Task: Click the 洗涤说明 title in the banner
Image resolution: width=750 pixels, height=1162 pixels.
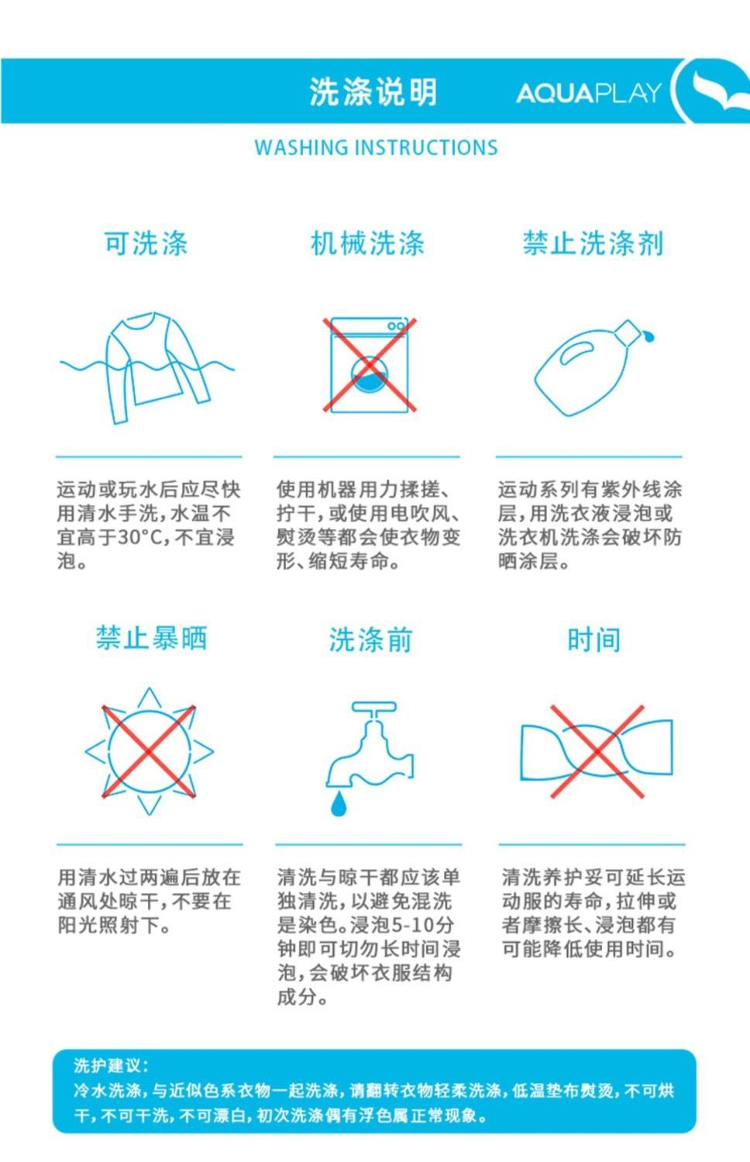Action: [x=373, y=92]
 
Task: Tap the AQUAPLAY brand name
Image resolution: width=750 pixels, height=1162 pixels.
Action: [x=590, y=93]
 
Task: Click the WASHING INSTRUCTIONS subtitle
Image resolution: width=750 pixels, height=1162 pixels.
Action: [x=376, y=148]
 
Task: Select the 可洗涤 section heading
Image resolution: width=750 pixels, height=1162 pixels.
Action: [x=146, y=243]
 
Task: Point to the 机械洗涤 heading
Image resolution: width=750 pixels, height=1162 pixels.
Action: [x=367, y=243]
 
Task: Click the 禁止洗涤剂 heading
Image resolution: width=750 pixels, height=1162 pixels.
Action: [x=593, y=243]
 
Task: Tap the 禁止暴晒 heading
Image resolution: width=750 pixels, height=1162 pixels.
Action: [x=151, y=637]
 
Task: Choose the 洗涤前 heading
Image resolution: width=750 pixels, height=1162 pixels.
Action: [x=370, y=639]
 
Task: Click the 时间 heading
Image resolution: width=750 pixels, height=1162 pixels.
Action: [x=594, y=639]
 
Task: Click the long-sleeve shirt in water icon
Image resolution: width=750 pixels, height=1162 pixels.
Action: [x=146, y=367]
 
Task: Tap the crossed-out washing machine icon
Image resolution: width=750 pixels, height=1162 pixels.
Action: [x=370, y=365]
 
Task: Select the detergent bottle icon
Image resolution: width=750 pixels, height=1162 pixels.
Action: [x=594, y=367]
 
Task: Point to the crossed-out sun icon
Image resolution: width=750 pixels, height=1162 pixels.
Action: [x=150, y=750]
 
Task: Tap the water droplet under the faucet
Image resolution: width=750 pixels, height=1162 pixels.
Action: [x=339, y=804]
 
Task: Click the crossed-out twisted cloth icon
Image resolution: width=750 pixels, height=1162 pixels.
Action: [x=597, y=750]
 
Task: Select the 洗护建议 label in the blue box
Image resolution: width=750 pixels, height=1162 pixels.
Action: [x=111, y=1062]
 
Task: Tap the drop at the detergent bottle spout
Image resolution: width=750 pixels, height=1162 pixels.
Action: [x=649, y=336]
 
